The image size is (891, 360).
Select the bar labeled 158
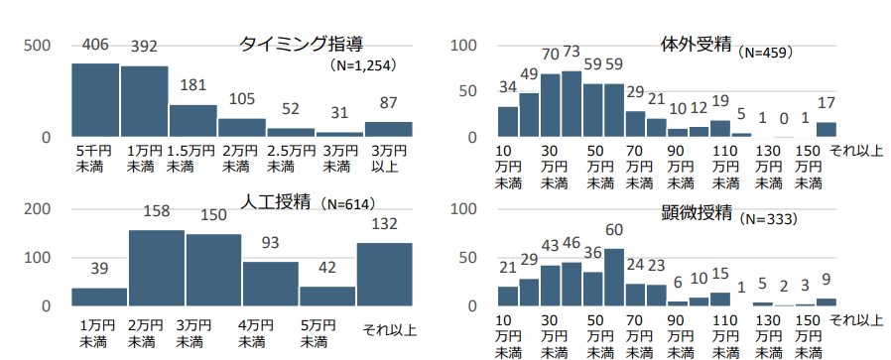[157, 268]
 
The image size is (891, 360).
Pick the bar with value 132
[385, 274]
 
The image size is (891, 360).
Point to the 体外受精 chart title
[696, 45]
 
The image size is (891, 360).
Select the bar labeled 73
[572, 103]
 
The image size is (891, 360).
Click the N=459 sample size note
[765, 50]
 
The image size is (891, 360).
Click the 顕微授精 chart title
[696, 212]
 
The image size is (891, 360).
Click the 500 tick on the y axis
[38, 46]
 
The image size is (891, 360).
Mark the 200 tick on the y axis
[38, 209]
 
